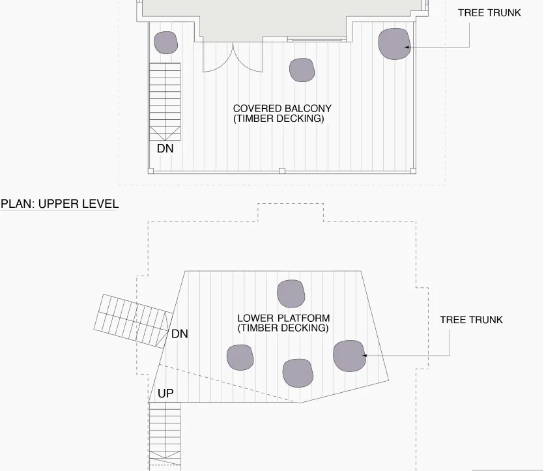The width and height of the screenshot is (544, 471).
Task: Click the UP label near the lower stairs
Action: (x=165, y=393)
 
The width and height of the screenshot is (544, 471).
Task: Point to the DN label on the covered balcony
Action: (x=165, y=149)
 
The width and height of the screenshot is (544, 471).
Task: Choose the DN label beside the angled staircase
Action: (x=180, y=334)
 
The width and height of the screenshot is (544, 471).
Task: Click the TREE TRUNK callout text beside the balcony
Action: (x=489, y=13)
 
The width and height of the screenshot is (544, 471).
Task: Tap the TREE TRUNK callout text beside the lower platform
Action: (x=471, y=320)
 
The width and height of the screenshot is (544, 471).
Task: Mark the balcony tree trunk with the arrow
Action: (x=394, y=44)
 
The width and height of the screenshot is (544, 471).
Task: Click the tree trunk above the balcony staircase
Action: (x=166, y=42)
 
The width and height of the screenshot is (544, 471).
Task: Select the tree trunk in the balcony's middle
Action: (x=302, y=70)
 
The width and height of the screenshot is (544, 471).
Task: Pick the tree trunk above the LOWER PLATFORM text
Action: (x=291, y=294)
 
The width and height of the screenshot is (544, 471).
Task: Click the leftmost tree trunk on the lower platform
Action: (x=240, y=358)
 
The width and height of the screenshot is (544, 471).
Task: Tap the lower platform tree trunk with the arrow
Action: (x=349, y=356)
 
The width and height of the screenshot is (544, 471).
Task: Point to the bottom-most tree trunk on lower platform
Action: (x=298, y=373)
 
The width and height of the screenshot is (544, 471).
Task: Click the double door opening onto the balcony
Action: (x=233, y=57)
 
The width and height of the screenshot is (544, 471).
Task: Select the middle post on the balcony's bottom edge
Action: (x=282, y=171)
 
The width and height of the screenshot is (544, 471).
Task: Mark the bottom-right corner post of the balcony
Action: (x=413, y=171)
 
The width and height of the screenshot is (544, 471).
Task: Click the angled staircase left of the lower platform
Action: (x=134, y=321)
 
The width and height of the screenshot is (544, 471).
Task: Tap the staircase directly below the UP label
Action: (x=165, y=435)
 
